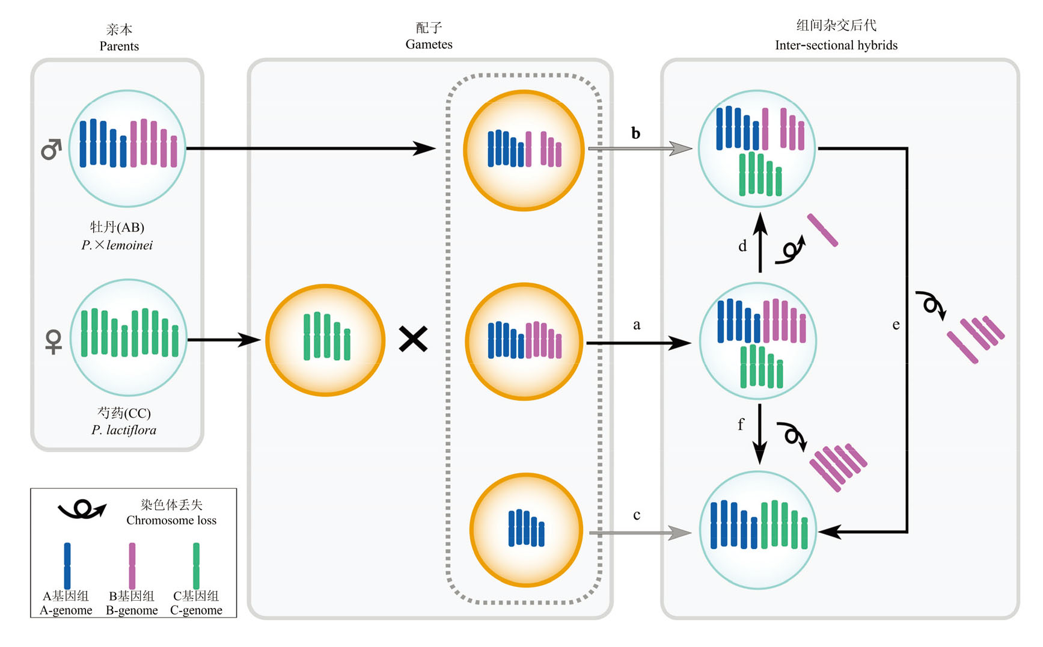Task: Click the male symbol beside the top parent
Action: point(51,149)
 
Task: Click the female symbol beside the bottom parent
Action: point(54,341)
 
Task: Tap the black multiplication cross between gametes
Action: point(413,339)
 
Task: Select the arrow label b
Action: point(635,133)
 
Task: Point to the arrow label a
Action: point(637,325)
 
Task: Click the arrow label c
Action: point(637,515)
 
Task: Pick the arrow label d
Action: point(742,246)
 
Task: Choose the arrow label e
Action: point(896,325)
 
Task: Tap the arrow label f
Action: point(741,425)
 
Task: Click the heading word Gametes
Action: point(429,44)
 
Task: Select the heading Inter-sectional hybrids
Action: point(836,45)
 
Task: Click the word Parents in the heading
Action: point(119,46)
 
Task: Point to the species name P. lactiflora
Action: point(124,430)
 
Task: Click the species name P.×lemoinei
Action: point(117,245)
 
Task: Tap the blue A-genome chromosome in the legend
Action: point(67,565)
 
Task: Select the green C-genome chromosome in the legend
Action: point(196,565)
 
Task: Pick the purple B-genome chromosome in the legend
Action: point(132,565)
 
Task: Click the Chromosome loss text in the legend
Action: point(171,520)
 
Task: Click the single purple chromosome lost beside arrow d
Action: point(822,230)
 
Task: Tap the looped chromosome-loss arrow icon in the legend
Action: point(82,510)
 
